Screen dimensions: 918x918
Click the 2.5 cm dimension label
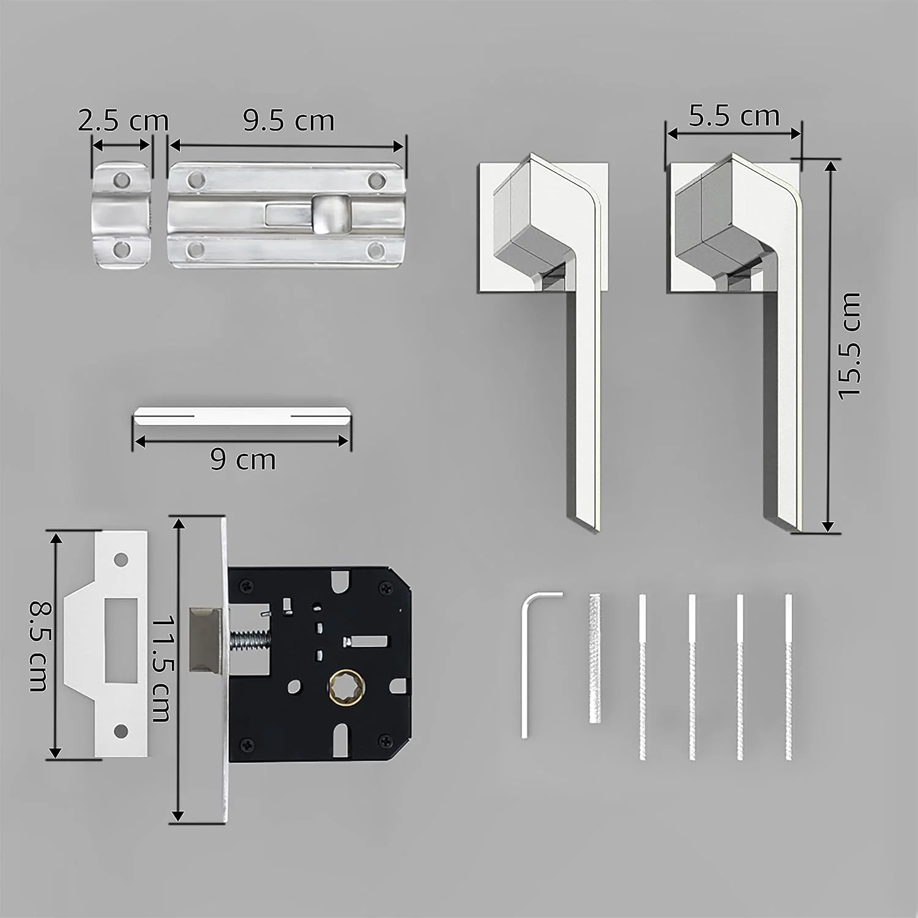click(x=123, y=121)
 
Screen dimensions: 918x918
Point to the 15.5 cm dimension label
click(x=849, y=346)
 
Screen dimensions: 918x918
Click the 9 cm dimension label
click(x=243, y=459)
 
